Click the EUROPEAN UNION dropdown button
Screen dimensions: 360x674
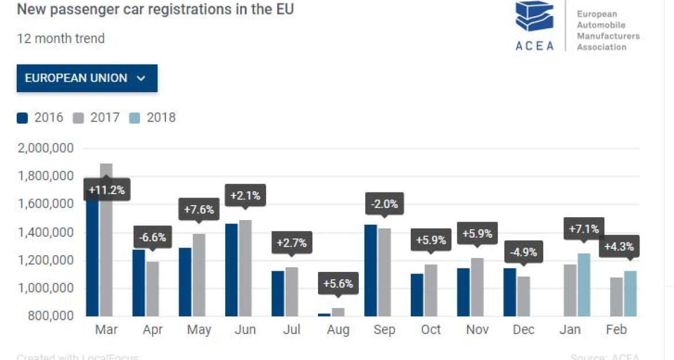(x=87, y=78)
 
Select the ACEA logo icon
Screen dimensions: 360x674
(x=534, y=17)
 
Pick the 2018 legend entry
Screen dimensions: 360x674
(x=154, y=118)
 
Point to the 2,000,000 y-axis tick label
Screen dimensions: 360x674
(x=46, y=149)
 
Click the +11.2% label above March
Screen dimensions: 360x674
(x=107, y=190)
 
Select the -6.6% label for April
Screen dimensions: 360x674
(x=153, y=237)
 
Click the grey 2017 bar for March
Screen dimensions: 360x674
(x=105, y=242)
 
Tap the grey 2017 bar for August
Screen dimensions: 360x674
(x=338, y=312)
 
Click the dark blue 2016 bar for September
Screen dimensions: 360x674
(x=370, y=270)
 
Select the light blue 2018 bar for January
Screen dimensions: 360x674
(x=584, y=285)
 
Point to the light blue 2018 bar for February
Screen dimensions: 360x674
(x=630, y=294)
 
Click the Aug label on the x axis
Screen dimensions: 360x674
(x=338, y=330)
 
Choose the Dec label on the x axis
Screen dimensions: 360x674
(x=523, y=330)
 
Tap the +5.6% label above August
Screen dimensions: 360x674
(x=338, y=284)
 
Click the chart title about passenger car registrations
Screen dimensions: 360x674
(x=155, y=10)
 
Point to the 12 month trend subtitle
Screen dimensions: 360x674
(x=60, y=39)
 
